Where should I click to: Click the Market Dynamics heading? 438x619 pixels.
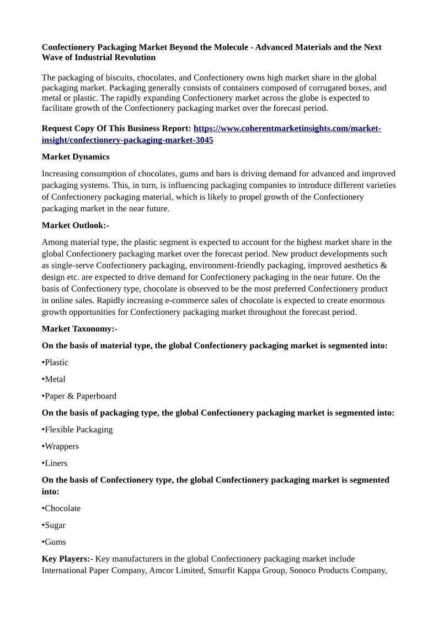[x=76, y=157]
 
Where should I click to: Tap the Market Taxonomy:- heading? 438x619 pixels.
[x=79, y=329]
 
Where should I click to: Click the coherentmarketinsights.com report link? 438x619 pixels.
[x=287, y=129]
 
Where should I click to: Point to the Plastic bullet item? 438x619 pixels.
[x=56, y=363]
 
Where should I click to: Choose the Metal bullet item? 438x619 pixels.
[x=54, y=379]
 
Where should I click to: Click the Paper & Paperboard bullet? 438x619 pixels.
[x=79, y=396]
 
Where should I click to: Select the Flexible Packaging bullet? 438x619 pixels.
[x=78, y=430]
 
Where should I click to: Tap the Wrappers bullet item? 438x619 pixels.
[x=61, y=446]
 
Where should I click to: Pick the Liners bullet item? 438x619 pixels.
[x=55, y=464]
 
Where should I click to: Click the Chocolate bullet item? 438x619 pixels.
[x=62, y=509]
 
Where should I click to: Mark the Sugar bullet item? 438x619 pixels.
[x=54, y=525]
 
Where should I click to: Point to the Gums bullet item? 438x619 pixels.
[x=54, y=542]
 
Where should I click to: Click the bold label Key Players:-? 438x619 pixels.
[x=67, y=559]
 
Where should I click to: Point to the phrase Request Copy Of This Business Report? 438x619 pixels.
[x=116, y=129]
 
